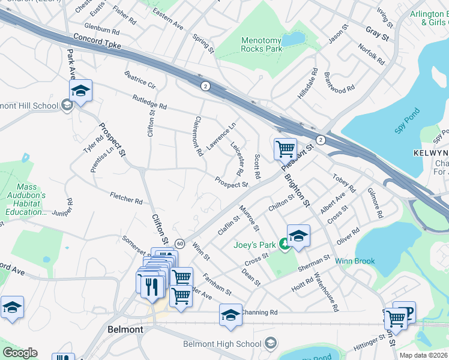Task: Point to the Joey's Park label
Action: (255, 244)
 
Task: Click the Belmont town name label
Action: (125, 330)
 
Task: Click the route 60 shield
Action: (179, 243)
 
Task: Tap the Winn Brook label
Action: (355, 261)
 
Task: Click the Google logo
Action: (20, 353)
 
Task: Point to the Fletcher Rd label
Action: (126, 198)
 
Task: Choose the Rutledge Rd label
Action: (149, 101)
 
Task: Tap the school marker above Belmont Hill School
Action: (80, 90)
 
